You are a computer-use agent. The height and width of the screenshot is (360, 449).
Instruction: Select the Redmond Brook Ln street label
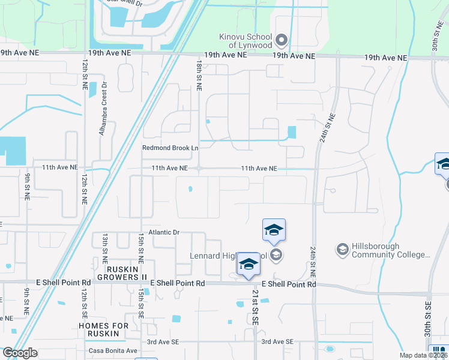click(x=170, y=148)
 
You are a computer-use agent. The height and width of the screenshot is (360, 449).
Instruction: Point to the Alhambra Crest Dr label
click(x=103, y=109)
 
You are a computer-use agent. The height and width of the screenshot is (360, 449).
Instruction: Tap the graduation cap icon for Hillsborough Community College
click(x=342, y=248)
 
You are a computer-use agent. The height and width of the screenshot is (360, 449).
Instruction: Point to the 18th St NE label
click(x=199, y=75)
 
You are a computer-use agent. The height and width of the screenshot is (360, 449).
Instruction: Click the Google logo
click(x=20, y=353)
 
